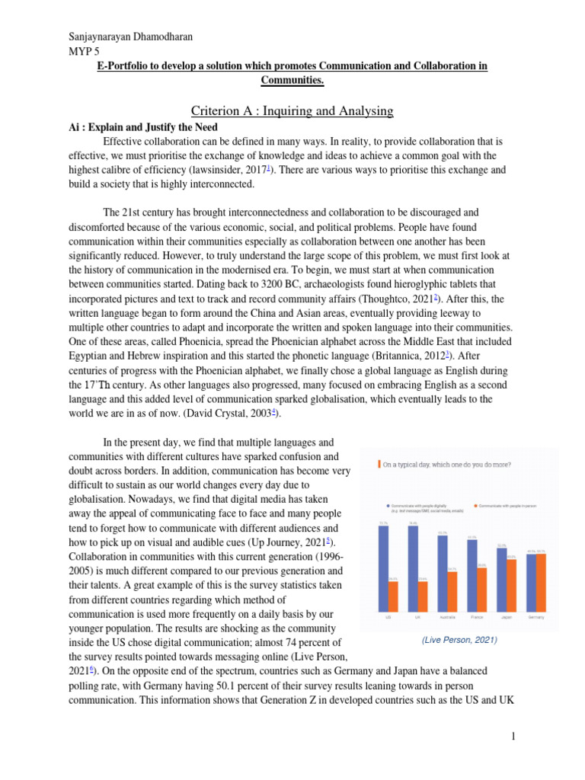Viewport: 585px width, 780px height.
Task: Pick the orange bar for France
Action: (482, 590)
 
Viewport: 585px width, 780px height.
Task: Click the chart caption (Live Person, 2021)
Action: (459, 641)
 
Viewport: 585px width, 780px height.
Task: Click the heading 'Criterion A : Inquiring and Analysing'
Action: (292, 111)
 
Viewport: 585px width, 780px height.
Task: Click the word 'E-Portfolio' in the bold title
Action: (128, 66)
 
